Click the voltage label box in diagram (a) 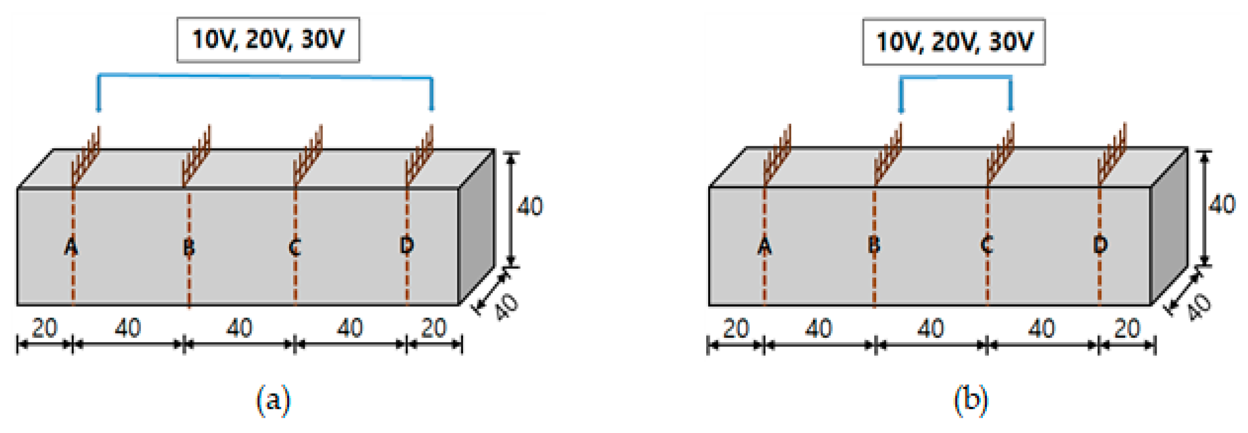pos(268,40)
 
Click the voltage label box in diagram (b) pos(953,42)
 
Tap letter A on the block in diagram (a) pos(71,247)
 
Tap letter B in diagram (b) pos(874,245)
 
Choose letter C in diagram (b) pos(986,245)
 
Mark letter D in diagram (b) pos(1100,245)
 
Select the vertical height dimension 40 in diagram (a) pos(530,206)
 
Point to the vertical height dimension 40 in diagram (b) pos(1222,205)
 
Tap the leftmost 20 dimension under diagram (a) pos(45,329)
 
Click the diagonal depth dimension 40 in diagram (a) pos(506,307)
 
